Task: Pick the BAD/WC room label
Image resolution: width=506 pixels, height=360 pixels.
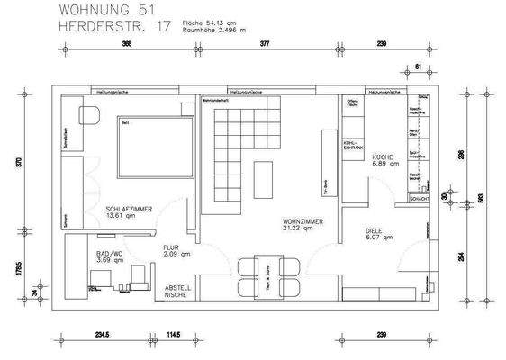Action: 110,257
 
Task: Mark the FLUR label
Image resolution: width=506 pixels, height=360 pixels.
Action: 174,252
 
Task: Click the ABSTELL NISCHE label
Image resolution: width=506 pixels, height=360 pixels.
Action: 177,291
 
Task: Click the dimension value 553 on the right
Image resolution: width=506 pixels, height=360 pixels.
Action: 481,197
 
